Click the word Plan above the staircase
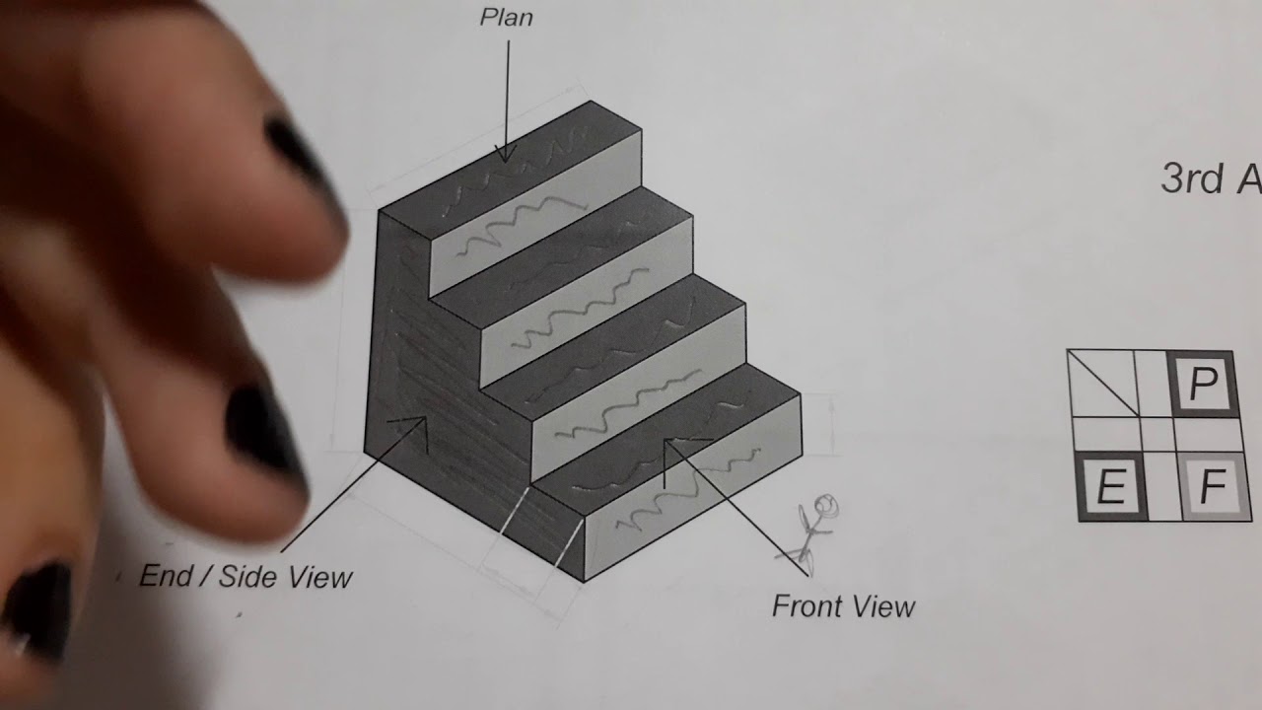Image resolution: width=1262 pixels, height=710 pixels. [x=507, y=18]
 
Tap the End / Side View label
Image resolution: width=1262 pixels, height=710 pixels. [x=245, y=577]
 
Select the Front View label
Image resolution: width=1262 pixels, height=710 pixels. [x=843, y=605]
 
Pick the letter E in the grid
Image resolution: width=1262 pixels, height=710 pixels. [x=1111, y=487]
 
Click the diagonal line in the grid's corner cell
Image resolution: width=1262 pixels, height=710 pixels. [x=1102, y=383]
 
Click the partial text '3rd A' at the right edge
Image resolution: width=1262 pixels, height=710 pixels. [x=1210, y=179]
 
